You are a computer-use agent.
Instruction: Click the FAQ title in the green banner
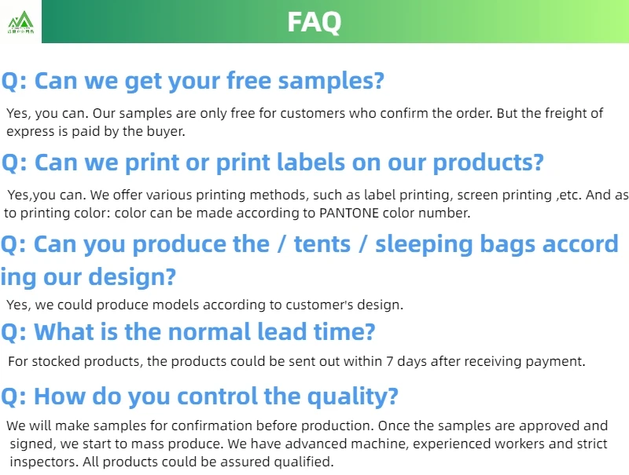pos(314,21)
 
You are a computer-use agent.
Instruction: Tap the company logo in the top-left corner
pos(20,22)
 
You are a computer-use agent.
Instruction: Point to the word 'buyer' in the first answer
pos(159,131)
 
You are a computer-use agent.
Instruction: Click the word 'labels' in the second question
pos(314,163)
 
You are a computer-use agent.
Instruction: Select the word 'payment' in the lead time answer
pos(556,362)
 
